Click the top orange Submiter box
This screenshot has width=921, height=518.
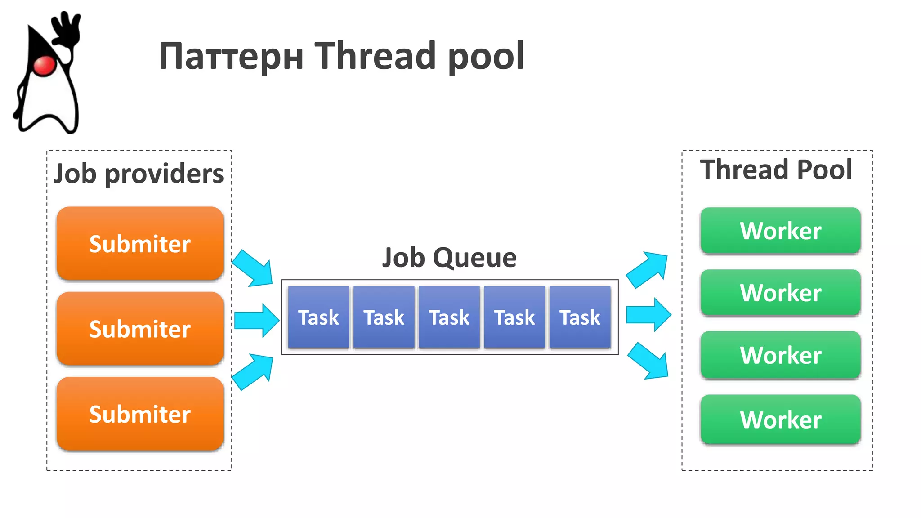[140, 244]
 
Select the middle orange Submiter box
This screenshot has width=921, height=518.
[140, 329]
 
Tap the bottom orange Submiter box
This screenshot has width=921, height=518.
[140, 414]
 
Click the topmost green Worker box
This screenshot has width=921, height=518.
[780, 231]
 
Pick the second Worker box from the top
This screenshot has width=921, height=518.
[780, 293]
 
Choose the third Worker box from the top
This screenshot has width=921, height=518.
[780, 355]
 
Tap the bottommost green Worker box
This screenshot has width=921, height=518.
[780, 420]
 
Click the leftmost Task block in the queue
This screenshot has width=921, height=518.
[318, 317]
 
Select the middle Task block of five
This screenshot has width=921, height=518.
[449, 317]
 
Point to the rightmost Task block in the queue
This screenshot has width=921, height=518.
[580, 317]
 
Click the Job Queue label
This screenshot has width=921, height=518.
[449, 258]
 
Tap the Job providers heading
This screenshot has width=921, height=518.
[139, 174]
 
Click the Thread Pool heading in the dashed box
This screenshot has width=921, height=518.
[776, 170]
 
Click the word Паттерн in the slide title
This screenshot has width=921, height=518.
[232, 57]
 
